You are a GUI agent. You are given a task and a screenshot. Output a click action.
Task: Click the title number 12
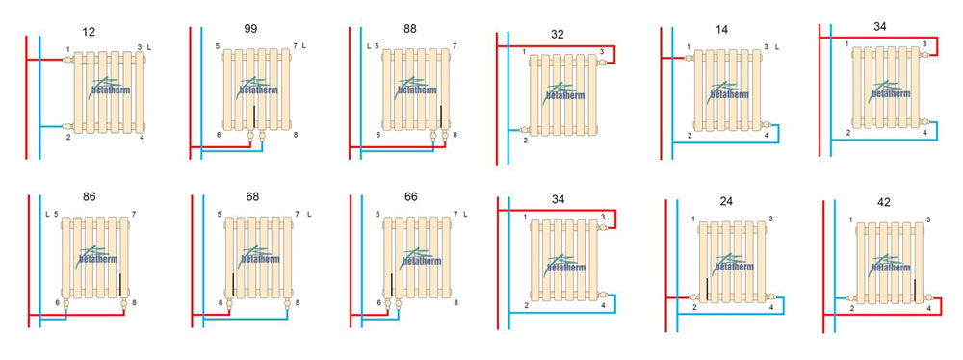pyautogui.click(x=89, y=32)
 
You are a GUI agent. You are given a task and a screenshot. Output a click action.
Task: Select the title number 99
pyautogui.click(x=250, y=28)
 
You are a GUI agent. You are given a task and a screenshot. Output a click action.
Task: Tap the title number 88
pyautogui.click(x=410, y=28)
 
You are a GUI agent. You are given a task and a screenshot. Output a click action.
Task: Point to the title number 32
pyautogui.click(x=557, y=35)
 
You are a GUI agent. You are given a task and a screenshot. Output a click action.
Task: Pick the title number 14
pyautogui.click(x=721, y=30)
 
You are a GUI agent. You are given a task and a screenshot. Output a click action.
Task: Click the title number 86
pyautogui.click(x=89, y=196)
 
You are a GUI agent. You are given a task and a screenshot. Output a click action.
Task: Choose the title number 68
pyautogui.click(x=251, y=196)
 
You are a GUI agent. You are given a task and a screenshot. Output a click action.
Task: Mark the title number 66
pyautogui.click(x=411, y=196)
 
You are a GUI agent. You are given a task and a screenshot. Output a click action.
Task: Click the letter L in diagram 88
pyautogui.click(x=369, y=46)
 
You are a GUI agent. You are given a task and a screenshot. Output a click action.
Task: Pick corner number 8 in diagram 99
pyautogui.click(x=296, y=134)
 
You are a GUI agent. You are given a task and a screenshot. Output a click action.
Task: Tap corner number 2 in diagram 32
pyautogui.click(x=526, y=141)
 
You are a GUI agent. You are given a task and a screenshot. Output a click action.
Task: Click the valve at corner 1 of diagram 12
pyautogui.click(x=68, y=59)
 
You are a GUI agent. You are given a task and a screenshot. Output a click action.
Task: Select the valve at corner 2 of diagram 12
pyautogui.click(x=68, y=126)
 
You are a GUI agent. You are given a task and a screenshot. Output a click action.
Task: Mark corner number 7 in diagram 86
pyautogui.click(x=133, y=214)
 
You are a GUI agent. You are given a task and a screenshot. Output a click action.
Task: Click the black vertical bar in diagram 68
pyautogui.click(x=234, y=286)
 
